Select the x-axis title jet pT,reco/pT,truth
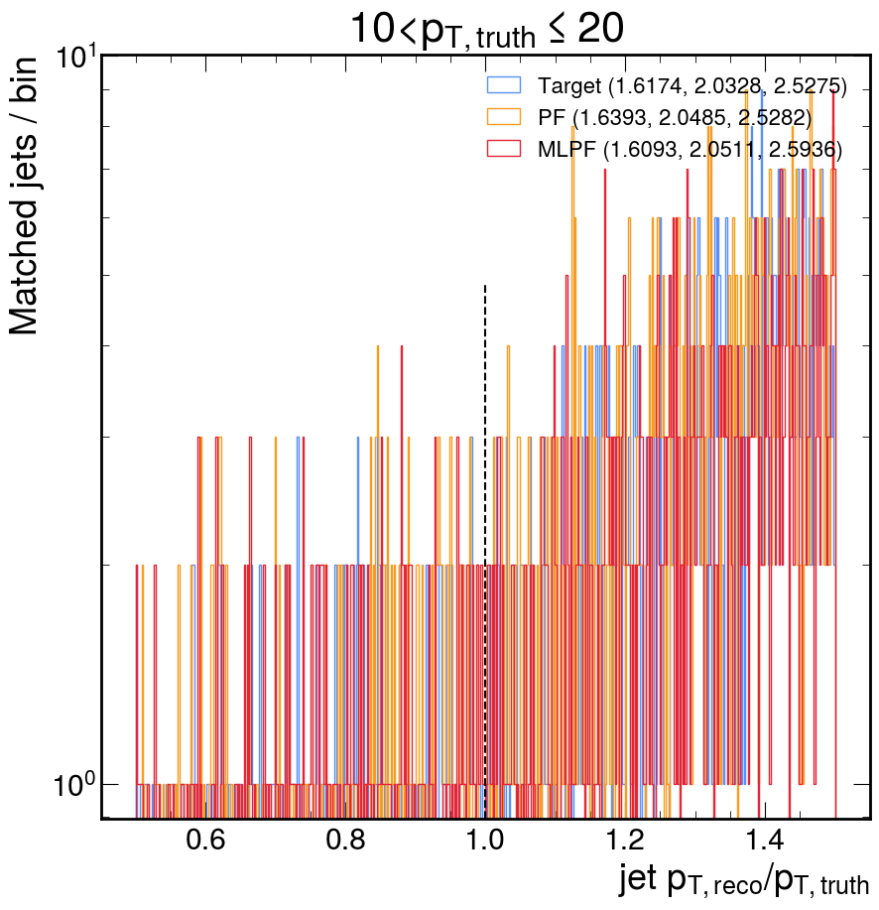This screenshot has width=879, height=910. pos(744,880)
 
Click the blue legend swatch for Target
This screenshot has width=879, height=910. pos(504,86)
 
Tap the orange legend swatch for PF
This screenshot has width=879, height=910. pos(504,117)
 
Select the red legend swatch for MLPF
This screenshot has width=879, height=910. pos(504,149)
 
